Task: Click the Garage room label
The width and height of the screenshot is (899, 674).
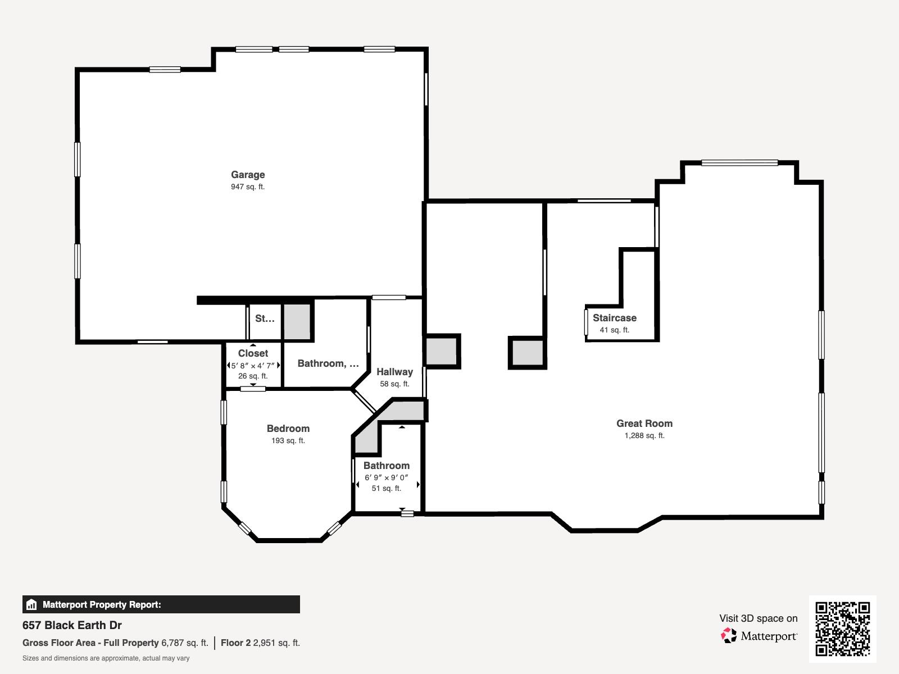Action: [x=248, y=175]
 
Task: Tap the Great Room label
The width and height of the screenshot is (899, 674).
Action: [x=644, y=423]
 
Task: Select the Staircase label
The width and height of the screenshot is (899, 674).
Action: [x=614, y=318]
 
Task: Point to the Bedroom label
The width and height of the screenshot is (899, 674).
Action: [x=288, y=429]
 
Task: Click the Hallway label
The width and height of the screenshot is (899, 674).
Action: [x=394, y=372]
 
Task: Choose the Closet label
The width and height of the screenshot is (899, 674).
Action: [x=253, y=353]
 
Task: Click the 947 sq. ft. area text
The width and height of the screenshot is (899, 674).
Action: [x=248, y=187]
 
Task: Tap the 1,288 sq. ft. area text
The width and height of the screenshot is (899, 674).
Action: [x=644, y=436]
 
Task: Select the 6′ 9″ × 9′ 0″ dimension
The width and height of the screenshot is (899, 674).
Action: [x=386, y=477]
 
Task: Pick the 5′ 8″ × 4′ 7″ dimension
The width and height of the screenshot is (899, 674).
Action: [x=253, y=366]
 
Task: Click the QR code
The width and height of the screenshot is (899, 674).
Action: [x=842, y=629]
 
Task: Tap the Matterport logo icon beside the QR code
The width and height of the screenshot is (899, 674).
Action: [x=729, y=636]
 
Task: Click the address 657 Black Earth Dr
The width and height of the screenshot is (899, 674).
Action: [x=72, y=625]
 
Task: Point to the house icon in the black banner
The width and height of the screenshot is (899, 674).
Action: [x=31, y=604]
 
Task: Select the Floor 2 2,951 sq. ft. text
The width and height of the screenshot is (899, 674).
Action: [x=260, y=643]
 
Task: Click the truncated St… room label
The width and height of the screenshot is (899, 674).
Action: [x=265, y=318]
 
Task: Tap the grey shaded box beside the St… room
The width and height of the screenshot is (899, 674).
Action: [x=297, y=322]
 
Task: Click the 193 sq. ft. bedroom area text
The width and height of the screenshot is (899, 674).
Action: [x=288, y=441]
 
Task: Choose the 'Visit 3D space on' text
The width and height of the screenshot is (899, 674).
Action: [x=759, y=618]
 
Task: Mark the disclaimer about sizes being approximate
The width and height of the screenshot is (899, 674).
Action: [x=106, y=658]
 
